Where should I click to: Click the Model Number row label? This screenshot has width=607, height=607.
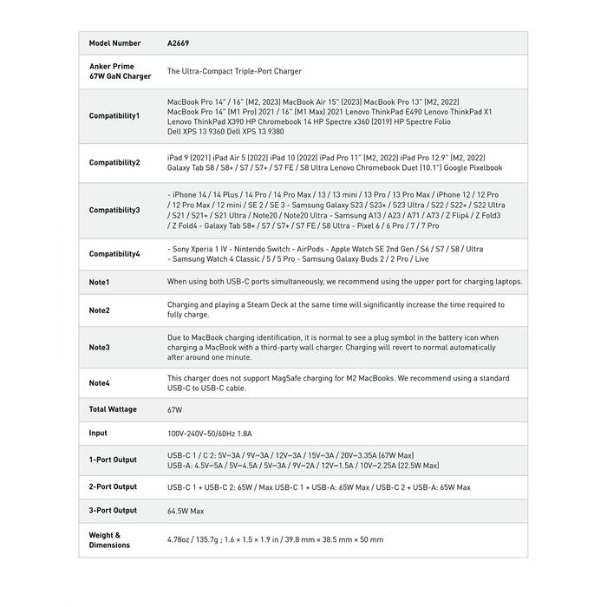[114, 43]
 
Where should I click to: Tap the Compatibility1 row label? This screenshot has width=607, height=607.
[114, 115]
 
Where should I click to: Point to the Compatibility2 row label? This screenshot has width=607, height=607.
[114, 162]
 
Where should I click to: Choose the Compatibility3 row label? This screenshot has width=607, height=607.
[114, 210]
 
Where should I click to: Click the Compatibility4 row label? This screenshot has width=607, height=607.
[114, 254]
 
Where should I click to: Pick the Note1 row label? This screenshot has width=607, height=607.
[100, 282]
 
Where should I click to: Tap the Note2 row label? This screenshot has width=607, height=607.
[100, 310]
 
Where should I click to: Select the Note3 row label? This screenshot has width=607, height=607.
[100, 347]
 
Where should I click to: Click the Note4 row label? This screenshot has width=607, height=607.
[100, 383]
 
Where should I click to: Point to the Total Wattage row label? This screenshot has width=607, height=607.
[113, 409]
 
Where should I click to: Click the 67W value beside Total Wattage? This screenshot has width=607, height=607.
[175, 409]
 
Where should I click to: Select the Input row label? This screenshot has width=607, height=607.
[98, 433]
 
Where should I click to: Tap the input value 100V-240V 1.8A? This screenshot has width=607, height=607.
[209, 433]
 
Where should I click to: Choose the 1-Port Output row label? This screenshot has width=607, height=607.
[113, 460]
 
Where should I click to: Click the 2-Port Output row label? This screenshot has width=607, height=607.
[113, 487]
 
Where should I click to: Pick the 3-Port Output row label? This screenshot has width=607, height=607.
[113, 511]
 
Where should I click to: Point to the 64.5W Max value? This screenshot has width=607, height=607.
[186, 512]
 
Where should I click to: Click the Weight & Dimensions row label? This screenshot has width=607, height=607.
[109, 539]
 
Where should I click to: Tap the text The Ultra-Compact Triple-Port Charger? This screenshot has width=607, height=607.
[234, 71]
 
